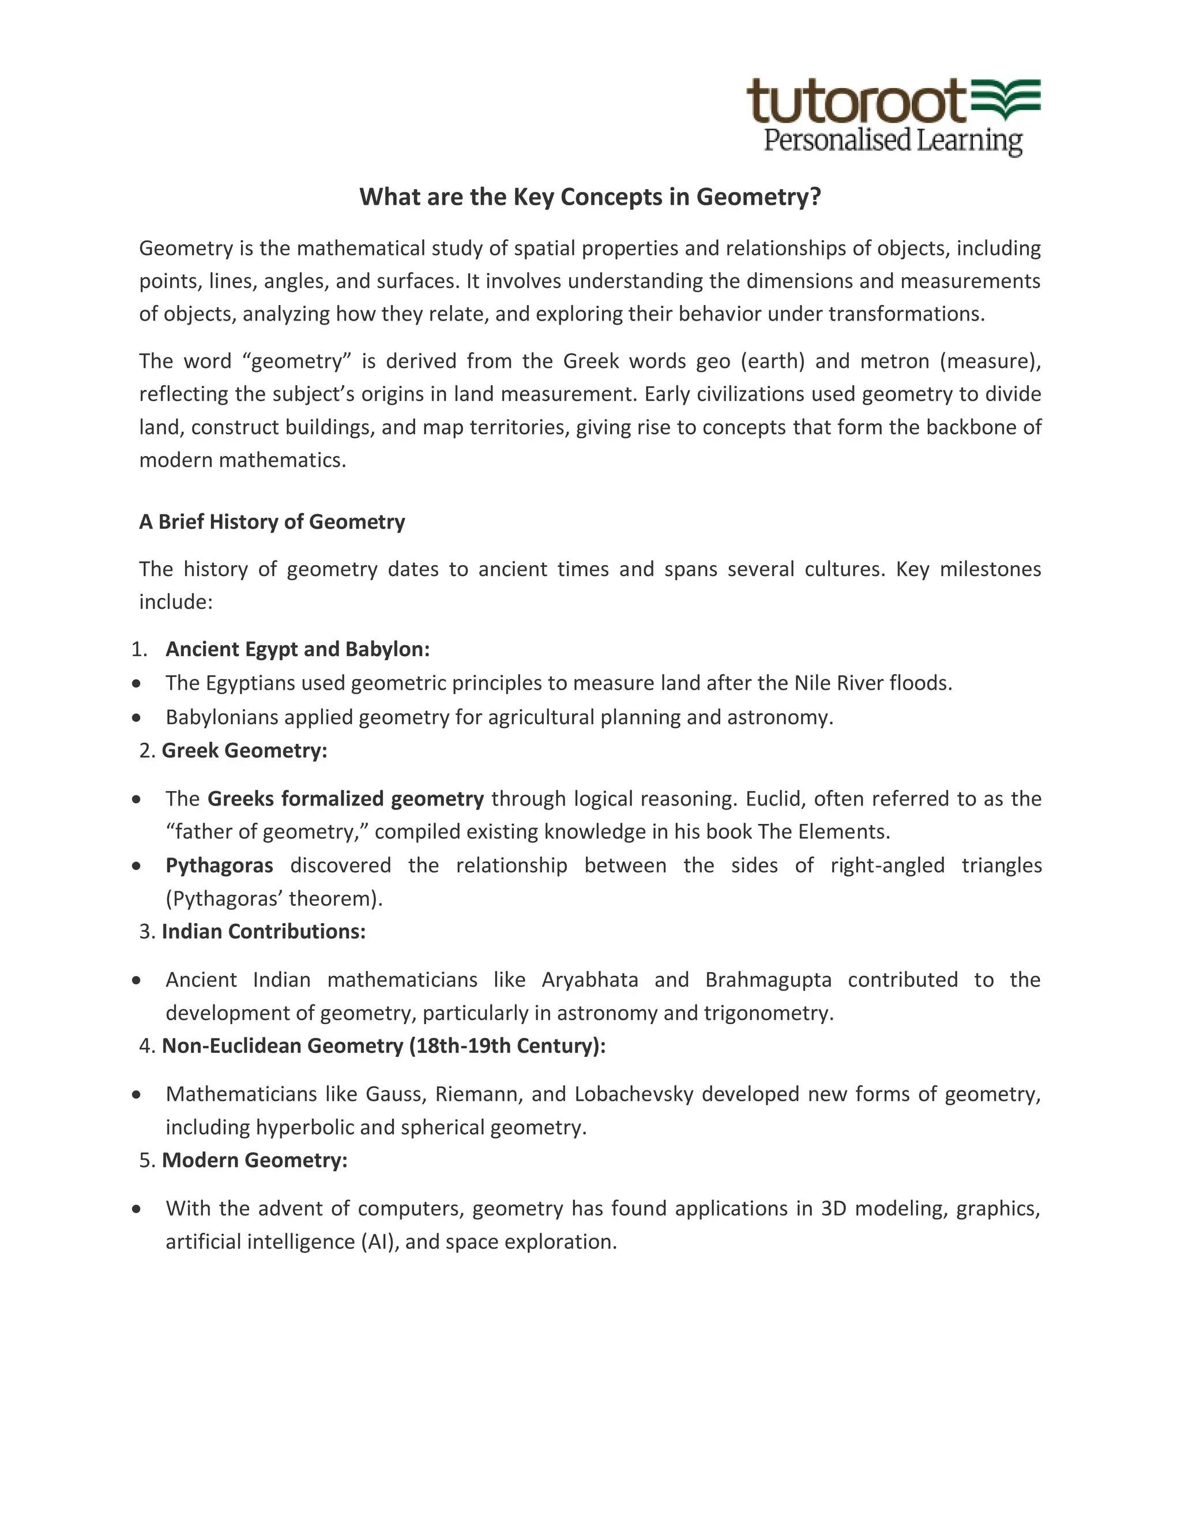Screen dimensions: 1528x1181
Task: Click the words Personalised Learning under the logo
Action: (x=892, y=141)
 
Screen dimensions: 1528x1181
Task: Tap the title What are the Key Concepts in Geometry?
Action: (x=590, y=197)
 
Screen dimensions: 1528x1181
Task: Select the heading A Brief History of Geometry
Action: (x=272, y=522)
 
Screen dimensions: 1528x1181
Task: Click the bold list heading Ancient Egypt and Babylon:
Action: (x=298, y=649)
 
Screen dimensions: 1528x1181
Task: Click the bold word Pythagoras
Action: (x=219, y=865)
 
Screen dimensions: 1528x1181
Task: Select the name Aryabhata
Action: (x=590, y=980)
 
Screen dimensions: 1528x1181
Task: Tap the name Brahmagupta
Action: (x=768, y=980)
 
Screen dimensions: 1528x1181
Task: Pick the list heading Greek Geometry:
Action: (x=244, y=751)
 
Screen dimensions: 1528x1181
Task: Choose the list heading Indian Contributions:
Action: (x=264, y=932)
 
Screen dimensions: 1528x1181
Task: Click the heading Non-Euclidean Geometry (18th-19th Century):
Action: (x=383, y=1046)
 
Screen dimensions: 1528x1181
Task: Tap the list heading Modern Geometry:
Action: (x=255, y=1160)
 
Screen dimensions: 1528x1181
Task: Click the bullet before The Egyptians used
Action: (x=137, y=683)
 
